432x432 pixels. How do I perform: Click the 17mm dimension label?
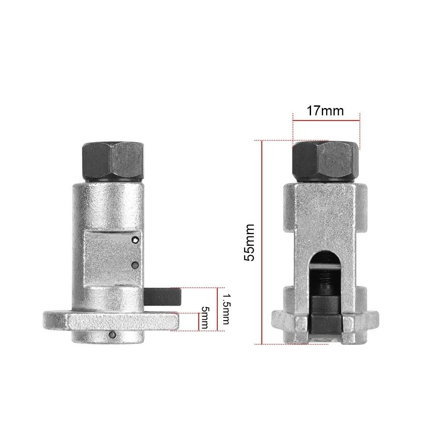click(x=325, y=111)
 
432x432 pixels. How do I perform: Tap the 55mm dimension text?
click(x=250, y=242)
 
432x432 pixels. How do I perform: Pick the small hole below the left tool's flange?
click(x=113, y=334)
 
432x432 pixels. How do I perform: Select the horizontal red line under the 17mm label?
click(x=326, y=122)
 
